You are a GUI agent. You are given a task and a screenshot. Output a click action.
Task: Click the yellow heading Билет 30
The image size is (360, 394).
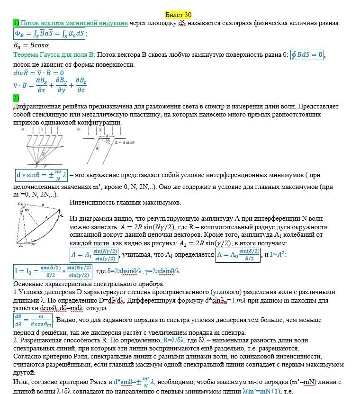pos(178,15)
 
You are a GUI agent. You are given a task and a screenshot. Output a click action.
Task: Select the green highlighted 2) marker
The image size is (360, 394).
pos(16,98)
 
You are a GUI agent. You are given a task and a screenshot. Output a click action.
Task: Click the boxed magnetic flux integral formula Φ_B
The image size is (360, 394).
pos(50,34)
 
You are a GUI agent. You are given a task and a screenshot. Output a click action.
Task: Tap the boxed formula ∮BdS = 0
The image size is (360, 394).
pos(307,54)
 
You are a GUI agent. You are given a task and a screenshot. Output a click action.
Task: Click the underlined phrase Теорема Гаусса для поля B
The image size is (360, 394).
pos(54,55)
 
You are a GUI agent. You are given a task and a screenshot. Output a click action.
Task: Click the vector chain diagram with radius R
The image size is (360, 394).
pos(39,225)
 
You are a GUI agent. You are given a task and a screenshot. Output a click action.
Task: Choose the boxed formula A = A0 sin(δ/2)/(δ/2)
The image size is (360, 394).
pos(238,255)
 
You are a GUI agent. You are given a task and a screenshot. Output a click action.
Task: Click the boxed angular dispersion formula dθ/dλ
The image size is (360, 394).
pos(32,320)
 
